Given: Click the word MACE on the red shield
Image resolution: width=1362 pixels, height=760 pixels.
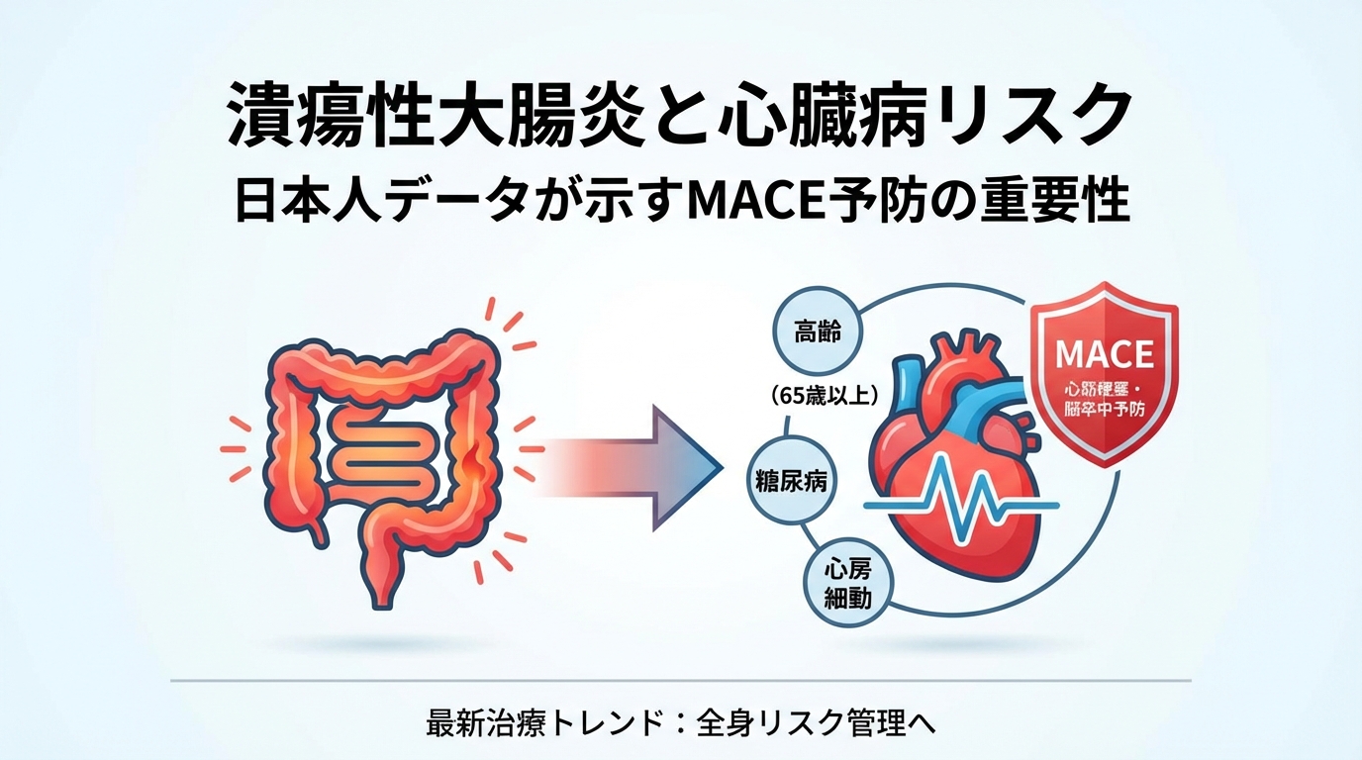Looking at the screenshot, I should pos(1104,354).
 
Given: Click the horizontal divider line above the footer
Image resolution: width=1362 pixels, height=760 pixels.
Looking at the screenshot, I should pos(681,681).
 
